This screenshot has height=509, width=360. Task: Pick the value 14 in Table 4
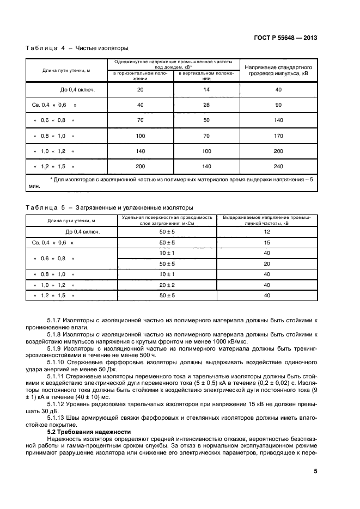[x=206, y=89]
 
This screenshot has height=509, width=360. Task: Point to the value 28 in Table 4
[x=206, y=104]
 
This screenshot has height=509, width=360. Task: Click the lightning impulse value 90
[x=278, y=104]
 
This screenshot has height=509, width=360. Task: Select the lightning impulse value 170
[x=278, y=135]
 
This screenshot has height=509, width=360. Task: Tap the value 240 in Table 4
[x=278, y=165]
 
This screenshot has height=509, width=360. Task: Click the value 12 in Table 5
[x=267, y=231]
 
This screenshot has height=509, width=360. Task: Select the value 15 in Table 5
[x=267, y=242]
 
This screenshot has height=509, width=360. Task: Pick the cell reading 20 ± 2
[x=167, y=285]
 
